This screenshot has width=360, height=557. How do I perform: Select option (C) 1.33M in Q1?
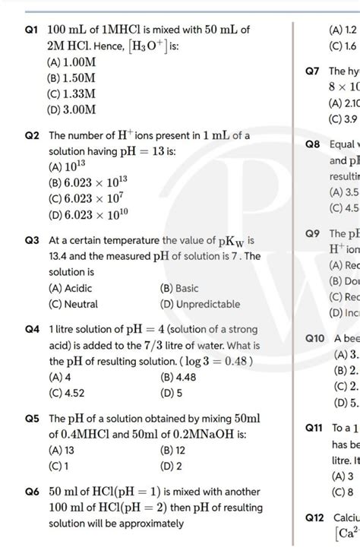coord(71,93)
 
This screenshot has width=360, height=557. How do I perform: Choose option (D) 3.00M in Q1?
coord(71,110)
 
